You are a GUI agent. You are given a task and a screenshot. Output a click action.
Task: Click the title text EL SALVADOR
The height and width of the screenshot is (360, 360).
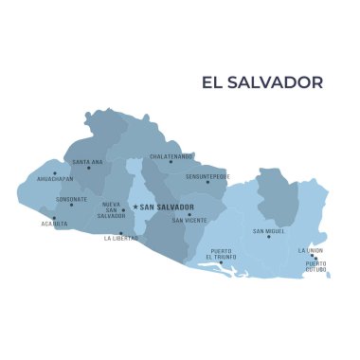pyautogui.click(x=262, y=82)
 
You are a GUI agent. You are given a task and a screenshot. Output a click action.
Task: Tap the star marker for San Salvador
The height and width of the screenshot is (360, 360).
pyautogui.click(x=135, y=207)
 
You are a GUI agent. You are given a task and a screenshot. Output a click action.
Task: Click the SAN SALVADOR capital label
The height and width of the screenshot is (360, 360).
pyautogui.click(x=168, y=207)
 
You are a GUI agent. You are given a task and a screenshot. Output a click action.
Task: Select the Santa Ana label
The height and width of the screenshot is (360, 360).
pyautogui.click(x=87, y=162)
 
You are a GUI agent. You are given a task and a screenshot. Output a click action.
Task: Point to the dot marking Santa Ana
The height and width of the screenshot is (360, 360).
pyautogui.click(x=89, y=169)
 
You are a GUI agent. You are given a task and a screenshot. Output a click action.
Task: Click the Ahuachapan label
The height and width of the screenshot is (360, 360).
pyautogui.click(x=54, y=178)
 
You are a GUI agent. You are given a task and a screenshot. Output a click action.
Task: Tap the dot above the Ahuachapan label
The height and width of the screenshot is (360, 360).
pyautogui.click(x=54, y=172)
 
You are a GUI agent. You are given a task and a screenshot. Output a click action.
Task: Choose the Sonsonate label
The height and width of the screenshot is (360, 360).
pyautogui.click(x=71, y=199)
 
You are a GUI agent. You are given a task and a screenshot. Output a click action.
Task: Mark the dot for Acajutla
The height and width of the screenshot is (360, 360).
pyautogui.click(x=54, y=219)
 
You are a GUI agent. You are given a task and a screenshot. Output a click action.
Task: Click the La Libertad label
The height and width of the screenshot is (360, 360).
pyautogui.click(x=121, y=239)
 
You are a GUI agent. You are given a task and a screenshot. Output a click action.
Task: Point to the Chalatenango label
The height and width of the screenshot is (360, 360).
pyautogui.click(x=171, y=155)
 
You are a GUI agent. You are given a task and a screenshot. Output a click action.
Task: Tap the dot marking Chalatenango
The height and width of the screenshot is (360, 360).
pyautogui.click(x=171, y=162)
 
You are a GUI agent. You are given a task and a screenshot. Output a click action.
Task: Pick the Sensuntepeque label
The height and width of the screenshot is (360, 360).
pyautogui.click(x=207, y=176)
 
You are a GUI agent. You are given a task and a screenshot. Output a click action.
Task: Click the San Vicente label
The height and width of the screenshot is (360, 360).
pyautogui.click(x=189, y=220)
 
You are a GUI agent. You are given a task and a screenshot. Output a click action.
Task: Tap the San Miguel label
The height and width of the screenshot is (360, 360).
pyautogui.click(x=269, y=231)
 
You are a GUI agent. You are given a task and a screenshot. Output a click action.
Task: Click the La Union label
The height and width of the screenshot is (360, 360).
pyautogui.click(x=310, y=250)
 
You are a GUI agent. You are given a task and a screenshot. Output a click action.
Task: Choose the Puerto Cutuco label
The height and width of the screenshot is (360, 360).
pyautogui.click(x=315, y=266)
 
